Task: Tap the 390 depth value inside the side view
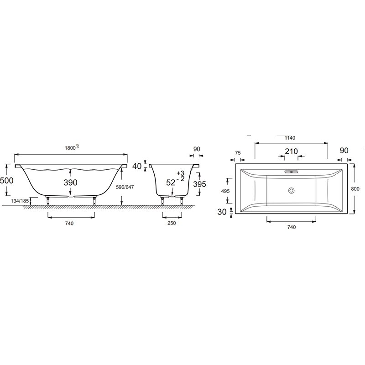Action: tap(70, 182)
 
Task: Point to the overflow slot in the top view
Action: tap(291, 172)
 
